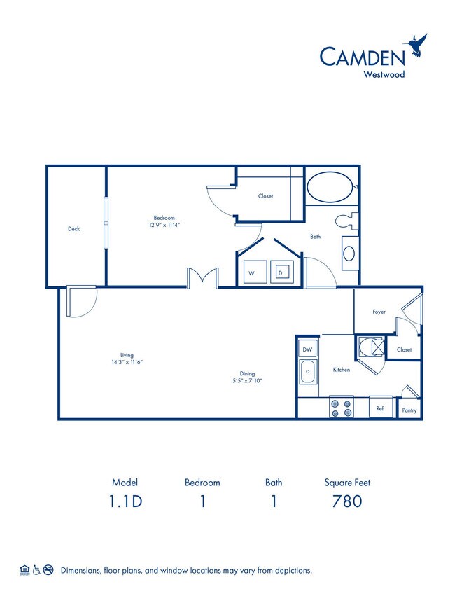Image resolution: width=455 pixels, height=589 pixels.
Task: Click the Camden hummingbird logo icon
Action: pyautogui.click(x=419, y=44)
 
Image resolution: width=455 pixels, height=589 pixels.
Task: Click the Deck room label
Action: pyautogui.click(x=73, y=229)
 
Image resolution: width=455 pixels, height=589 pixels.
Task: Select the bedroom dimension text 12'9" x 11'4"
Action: pyautogui.click(x=165, y=225)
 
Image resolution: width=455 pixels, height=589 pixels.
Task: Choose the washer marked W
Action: pyautogui.click(x=251, y=273)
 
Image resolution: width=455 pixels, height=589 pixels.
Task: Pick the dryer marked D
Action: pyautogui.click(x=281, y=273)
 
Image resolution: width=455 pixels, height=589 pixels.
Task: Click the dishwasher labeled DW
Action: pyautogui.click(x=307, y=348)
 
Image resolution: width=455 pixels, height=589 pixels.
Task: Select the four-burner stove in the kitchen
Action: pyautogui.click(x=341, y=408)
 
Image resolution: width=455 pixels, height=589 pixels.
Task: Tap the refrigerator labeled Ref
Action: pyautogui.click(x=380, y=408)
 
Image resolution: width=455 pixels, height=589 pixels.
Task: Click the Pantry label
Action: pyautogui.click(x=409, y=410)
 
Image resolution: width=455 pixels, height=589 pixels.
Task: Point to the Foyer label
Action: pyautogui.click(x=379, y=312)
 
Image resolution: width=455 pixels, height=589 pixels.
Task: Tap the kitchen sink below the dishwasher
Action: pyautogui.click(x=307, y=373)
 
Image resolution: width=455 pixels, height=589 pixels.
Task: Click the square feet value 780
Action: pyautogui.click(x=347, y=501)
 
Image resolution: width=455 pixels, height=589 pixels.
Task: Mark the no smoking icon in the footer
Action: pyautogui.click(x=48, y=570)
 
